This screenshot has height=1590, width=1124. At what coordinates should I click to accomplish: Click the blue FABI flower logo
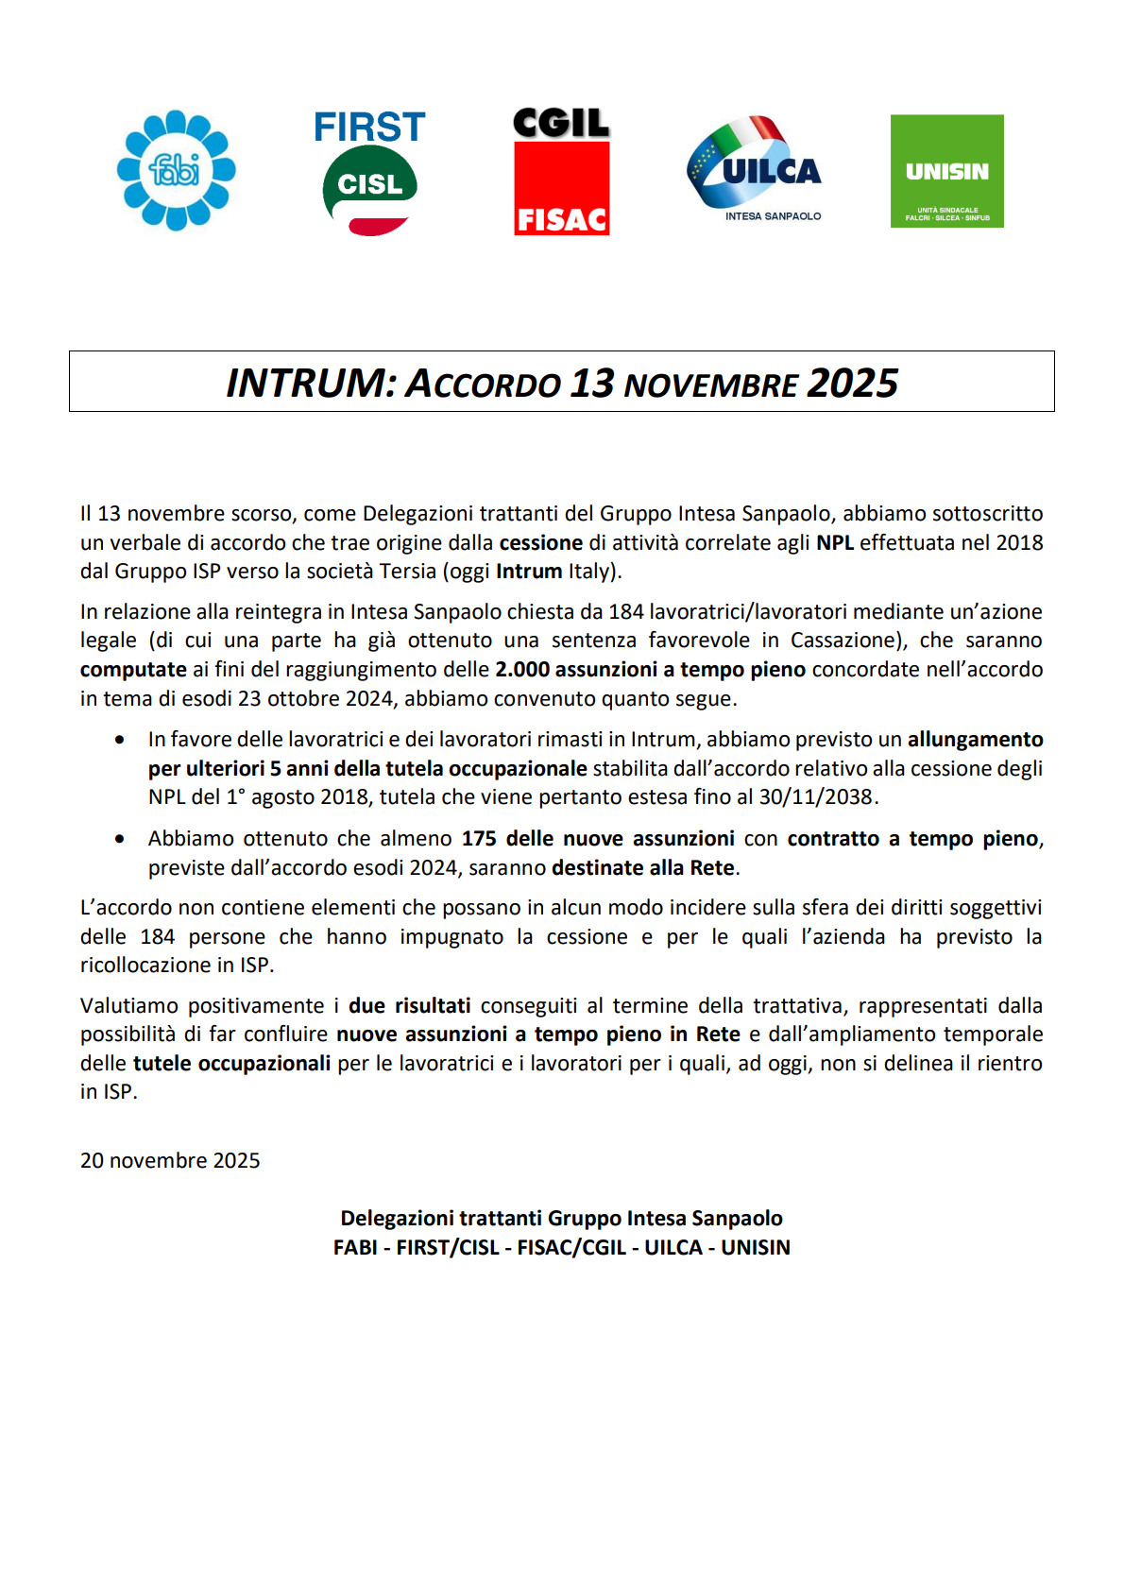pos(176,171)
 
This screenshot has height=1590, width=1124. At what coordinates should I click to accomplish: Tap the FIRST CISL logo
pos(369,173)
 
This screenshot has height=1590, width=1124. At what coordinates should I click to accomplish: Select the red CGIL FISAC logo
pos(561,172)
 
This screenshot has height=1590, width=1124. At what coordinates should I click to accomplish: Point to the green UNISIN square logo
pos(946,171)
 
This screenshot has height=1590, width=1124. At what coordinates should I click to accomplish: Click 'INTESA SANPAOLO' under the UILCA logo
pos(773,216)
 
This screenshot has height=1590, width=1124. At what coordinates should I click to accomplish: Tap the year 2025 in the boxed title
pos(852,384)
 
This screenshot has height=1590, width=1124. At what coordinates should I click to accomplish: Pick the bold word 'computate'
pos(133,670)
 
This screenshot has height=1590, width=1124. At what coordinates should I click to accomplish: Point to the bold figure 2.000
pos(522,670)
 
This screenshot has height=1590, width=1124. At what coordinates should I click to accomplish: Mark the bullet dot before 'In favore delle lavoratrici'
pos(120,740)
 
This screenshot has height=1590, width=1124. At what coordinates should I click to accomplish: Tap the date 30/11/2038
pos(816,797)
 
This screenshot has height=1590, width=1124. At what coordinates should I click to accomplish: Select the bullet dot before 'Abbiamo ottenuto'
pos(120,839)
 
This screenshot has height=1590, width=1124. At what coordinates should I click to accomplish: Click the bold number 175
pos(478,839)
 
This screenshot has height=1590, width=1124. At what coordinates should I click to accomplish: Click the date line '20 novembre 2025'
pos(170,1161)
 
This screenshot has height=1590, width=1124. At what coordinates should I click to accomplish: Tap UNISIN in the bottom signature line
pos(756,1248)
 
